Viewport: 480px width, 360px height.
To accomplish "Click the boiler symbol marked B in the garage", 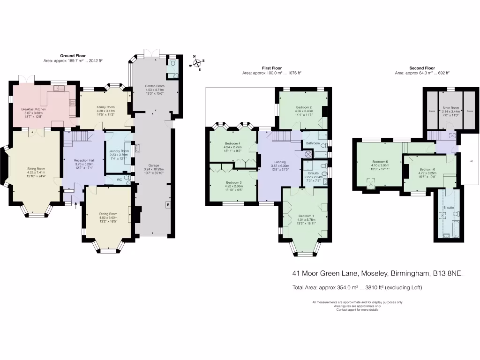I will (167, 205).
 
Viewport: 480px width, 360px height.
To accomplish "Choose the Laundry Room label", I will (118, 151).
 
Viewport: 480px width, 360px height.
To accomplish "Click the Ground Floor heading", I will (73, 56).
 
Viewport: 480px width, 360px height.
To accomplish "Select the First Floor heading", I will (271, 68).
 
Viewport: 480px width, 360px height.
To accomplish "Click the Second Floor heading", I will (422, 68).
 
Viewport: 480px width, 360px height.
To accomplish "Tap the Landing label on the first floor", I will (280, 162).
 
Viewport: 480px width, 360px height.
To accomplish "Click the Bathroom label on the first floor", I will (313, 143).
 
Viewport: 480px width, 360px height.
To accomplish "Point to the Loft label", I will (471, 161).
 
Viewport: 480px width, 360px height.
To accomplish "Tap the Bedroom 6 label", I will (427, 169).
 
